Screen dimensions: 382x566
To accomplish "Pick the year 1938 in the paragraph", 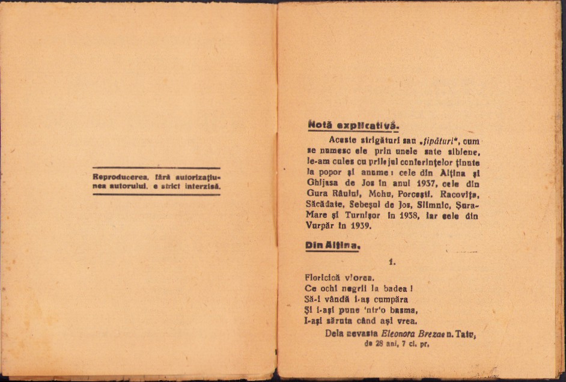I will [406, 216].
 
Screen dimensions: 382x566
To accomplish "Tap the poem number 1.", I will [392, 262].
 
